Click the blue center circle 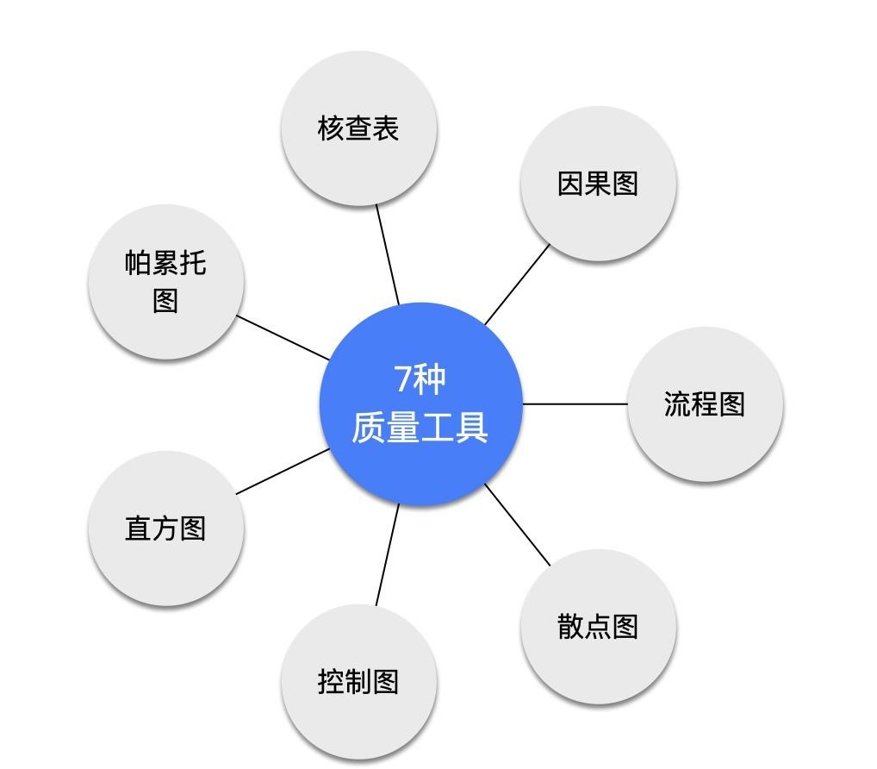click(420, 403)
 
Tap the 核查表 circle click(358, 128)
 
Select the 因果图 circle click(598, 184)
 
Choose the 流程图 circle click(705, 403)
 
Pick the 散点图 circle click(598, 626)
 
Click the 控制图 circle click(358, 682)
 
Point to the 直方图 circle click(165, 528)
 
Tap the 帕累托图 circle click(165, 282)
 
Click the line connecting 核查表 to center click(388, 254)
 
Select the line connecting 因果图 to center click(518, 284)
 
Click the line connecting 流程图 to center click(575, 403)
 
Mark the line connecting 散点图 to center click(518, 524)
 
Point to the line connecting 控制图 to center click(388, 554)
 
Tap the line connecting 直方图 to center click(283, 472)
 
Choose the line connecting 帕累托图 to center click(283, 337)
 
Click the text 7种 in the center click(420, 379)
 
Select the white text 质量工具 click(420, 427)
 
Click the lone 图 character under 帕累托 click(165, 301)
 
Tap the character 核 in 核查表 click(331, 128)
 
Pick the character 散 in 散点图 click(570, 626)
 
